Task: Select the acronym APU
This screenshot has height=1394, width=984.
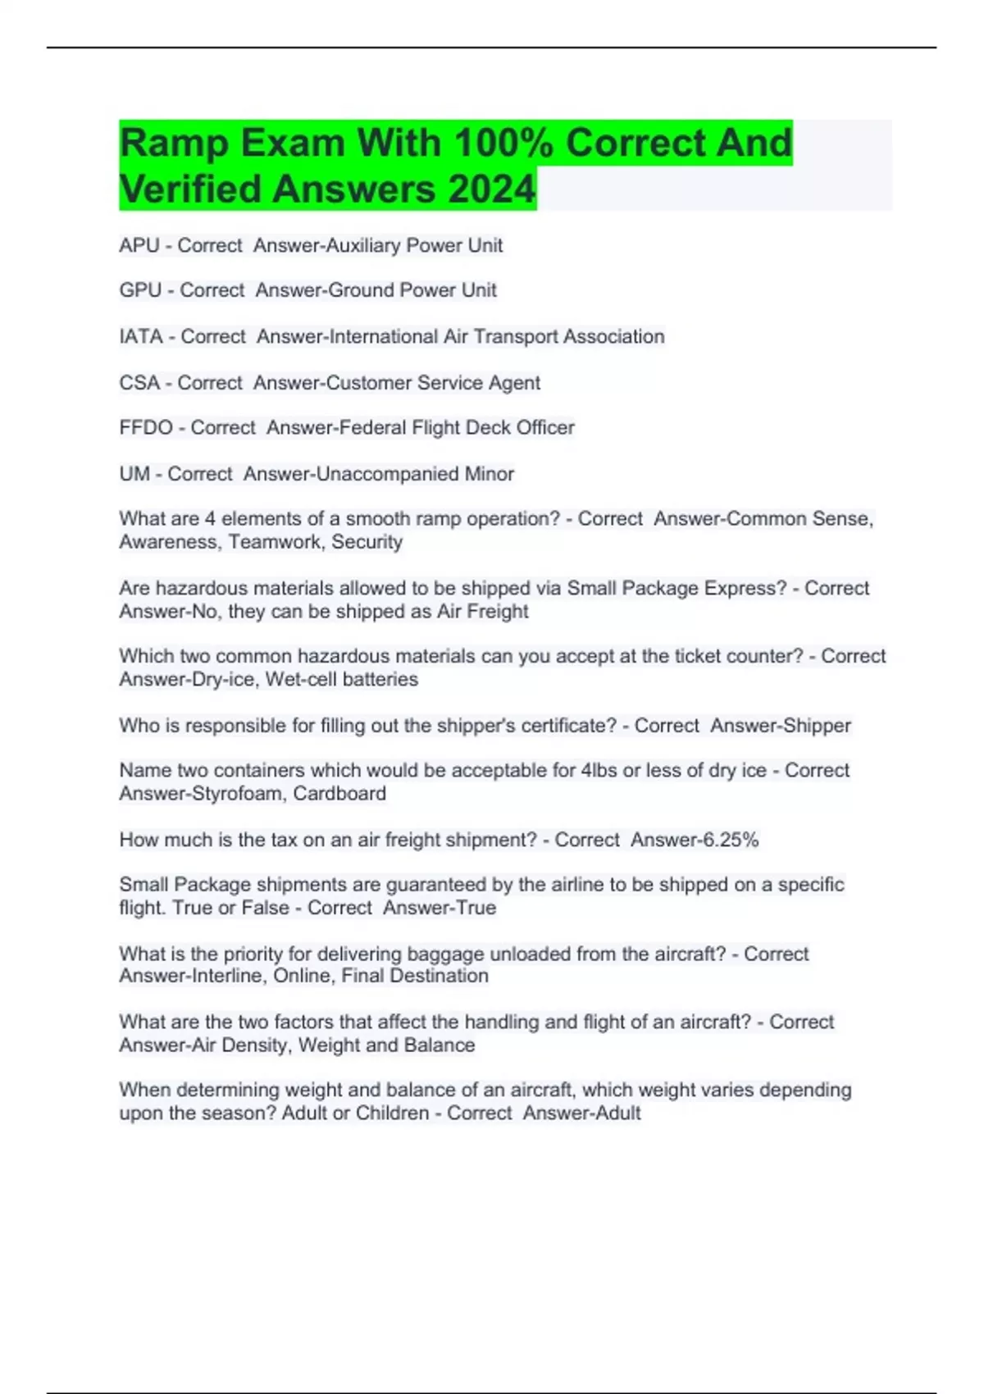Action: (x=139, y=245)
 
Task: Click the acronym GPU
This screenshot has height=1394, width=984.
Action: (x=140, y=290)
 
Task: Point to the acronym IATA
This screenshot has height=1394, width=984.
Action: (x=141, y=336)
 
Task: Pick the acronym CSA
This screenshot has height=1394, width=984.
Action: (x=139, y=383)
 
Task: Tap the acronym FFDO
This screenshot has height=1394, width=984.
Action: (x=146, y=428)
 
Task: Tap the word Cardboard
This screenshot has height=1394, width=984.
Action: (x=339, y=794)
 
